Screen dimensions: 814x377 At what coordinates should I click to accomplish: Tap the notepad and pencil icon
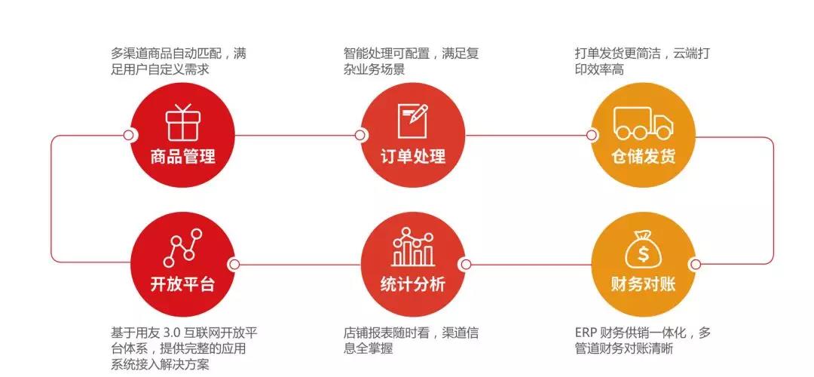[413, 121]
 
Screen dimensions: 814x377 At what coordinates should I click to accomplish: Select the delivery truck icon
[643, 123]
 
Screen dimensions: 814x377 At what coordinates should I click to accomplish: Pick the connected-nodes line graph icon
[182, 248]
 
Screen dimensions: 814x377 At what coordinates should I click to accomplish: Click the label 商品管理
[182, 156]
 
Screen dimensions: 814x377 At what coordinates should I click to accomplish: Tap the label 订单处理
[413, 156]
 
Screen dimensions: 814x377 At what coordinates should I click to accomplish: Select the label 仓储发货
[643, 156]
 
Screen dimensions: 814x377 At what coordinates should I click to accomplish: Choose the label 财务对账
[643, 284]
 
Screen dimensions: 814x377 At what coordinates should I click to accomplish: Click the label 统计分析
[413, 284]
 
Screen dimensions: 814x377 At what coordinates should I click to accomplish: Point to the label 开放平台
[182, 284]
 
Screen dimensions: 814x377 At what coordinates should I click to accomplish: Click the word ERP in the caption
[585, 333]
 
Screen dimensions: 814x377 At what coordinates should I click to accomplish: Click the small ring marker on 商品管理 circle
[128, 136]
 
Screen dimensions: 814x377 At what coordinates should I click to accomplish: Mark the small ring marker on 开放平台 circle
[234, 265]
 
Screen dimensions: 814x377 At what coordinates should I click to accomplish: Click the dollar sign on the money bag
[644, 254]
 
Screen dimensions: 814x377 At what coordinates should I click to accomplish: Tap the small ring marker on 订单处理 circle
[360, 136]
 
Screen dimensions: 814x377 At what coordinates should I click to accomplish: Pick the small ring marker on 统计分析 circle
[466, 265]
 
